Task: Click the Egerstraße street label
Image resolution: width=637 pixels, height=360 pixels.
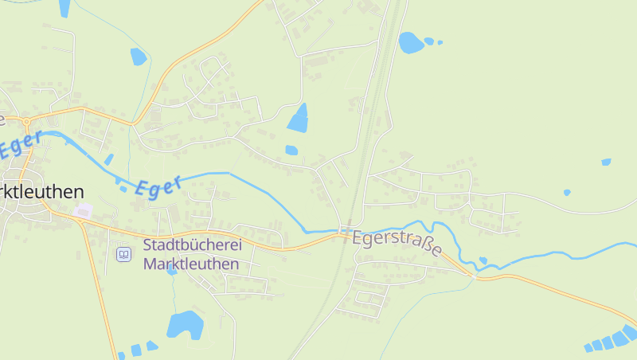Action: (x=397, y=243)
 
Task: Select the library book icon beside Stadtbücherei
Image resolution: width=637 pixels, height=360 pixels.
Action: (x=123, y=254)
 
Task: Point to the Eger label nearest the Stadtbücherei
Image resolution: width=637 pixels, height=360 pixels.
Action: (x=158, y=186)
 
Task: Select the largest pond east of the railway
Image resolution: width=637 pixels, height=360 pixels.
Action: (x=411, y=42)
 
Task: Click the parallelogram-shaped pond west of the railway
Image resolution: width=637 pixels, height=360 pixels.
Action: (x=299, y=118)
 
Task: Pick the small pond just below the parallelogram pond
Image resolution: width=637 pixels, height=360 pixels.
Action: (x=291, y=150)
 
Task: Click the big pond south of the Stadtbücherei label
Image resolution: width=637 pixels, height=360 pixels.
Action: (x=185, y=324)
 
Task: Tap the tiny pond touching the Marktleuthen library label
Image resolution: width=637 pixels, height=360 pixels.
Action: (x=172, y=272)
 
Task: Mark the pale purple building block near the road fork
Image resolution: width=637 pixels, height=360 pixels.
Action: (x=84, y=211)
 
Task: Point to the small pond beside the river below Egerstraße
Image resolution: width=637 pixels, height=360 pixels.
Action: (x=483, y=260)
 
